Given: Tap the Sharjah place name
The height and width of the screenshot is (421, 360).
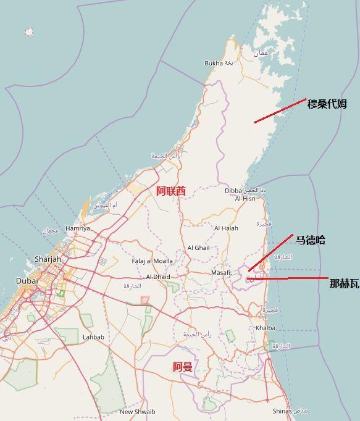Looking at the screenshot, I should point(48,259).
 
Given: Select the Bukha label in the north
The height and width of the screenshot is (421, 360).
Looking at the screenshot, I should point(214,63).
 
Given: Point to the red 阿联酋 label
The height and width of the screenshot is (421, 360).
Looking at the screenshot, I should point(170,191).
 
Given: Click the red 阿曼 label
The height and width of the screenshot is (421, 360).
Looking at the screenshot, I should point(182,367).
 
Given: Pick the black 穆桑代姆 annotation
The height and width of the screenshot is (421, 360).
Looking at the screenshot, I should point(327,104).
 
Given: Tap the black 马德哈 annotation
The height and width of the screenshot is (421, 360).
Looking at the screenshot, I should point(310,240).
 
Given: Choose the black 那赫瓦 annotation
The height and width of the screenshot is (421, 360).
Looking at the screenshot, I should point(344,283).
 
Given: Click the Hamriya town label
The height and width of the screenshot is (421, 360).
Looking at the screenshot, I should point(77,228).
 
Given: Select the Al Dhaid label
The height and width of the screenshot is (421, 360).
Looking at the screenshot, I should point(157,277).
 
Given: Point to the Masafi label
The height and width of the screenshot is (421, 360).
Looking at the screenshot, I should point(220,272).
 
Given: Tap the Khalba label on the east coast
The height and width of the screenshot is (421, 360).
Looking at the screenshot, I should point(265,328).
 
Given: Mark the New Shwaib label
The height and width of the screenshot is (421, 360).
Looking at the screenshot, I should point(138,412).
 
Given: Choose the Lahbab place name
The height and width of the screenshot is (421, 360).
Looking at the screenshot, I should point(93,337).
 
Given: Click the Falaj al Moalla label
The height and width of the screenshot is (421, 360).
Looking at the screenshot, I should point(152,261).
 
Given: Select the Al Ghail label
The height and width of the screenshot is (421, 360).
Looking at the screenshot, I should point(198,248).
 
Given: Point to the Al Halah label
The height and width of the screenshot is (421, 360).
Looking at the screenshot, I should point(225,228).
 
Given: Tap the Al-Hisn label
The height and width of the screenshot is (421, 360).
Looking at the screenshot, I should point(245,199).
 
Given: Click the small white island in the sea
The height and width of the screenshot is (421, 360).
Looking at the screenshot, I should point(29,31).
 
